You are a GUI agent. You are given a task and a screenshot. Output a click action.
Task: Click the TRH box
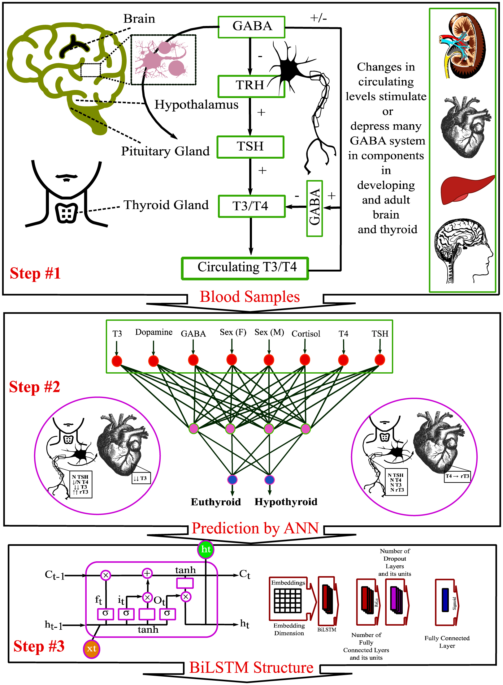coord(251,86)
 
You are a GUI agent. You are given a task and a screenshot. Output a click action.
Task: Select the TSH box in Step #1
coord(250,147)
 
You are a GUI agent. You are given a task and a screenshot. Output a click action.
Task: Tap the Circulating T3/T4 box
coord(245,268)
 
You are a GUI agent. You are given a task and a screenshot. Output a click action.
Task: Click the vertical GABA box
coord(314,208)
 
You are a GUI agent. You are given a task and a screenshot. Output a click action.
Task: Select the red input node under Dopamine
coord(154,361)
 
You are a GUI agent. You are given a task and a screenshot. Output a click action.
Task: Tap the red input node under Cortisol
coord(305,360)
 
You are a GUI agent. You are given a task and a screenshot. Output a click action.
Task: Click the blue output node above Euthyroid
coord(232,480)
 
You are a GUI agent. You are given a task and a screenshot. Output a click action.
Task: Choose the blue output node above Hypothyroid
coord(270,480)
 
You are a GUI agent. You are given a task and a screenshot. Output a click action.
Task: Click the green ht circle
coord(206,550)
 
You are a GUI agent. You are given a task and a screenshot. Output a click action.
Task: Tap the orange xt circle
coord(92,649)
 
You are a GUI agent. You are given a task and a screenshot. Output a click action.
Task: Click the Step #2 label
coord(35,387)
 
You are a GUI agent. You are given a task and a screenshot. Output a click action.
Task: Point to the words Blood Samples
coord(249,297)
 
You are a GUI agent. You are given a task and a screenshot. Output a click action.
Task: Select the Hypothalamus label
coord(196,105)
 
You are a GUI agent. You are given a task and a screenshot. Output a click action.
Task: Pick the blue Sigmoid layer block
coord(445,600)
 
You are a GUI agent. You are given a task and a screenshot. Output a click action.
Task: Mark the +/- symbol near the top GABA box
coord(319,18)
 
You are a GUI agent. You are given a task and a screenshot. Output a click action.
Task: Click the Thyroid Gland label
coord(166,205)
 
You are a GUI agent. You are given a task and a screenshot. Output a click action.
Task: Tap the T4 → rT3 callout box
coord(457,476)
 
